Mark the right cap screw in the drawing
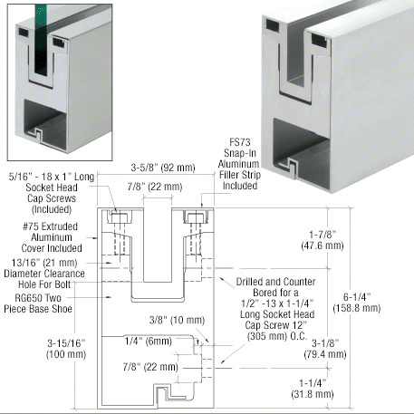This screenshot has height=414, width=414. (194, 219)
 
